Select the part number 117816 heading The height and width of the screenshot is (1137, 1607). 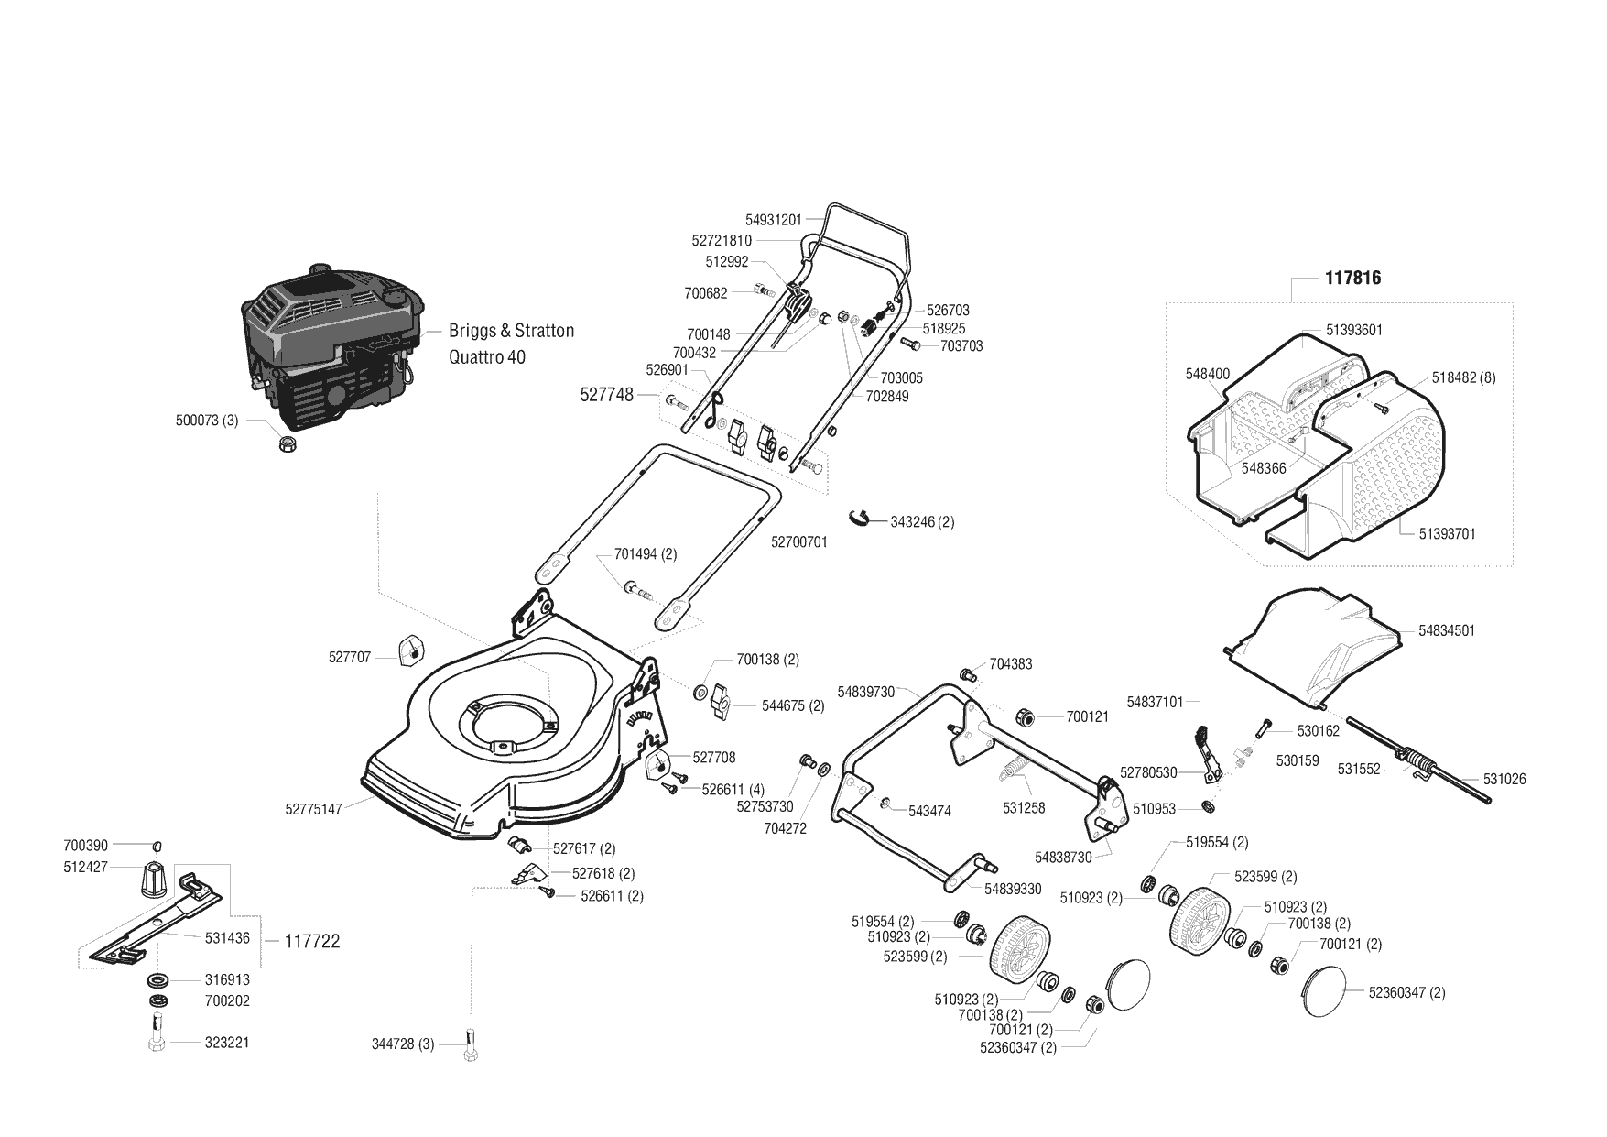click(x=1352, y=278)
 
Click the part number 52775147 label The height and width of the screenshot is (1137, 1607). click(x=313, y=810)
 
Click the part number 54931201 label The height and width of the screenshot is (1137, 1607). click(x=773, y=220)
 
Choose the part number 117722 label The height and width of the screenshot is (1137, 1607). click(x=311, y=942)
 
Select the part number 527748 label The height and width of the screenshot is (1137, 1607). click(x=607, y=395)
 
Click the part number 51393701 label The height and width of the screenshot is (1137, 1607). click(x=1448, y=533)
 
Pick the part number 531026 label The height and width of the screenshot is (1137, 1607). click(x=1504, y=779)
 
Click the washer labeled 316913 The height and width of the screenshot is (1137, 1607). click(x=160, y=979)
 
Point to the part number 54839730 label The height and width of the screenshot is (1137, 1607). click(x=866, y=692)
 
